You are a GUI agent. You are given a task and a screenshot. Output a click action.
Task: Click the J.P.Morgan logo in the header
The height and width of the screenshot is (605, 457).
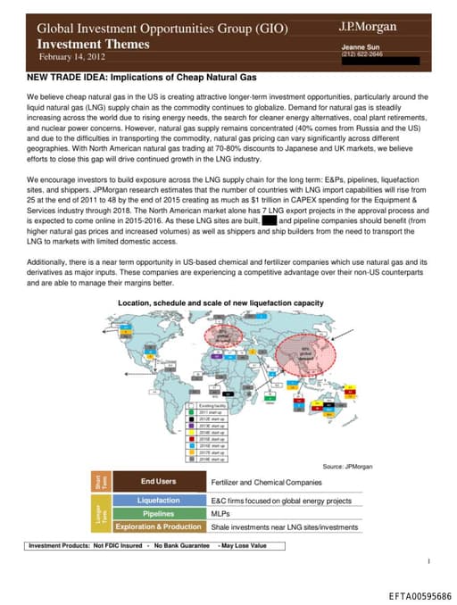(369, 27)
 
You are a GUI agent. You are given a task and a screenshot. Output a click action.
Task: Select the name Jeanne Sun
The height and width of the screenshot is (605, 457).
(362, 46)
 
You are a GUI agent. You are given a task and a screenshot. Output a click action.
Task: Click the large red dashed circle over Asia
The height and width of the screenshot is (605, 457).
(308, 352)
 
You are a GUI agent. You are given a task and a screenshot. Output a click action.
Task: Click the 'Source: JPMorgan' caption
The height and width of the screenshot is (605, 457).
(346, 467)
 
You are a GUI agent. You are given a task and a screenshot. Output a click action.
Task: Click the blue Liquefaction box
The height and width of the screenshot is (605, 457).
(158, 501)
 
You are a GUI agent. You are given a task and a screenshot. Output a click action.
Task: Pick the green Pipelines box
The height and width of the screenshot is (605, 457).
(158, 514)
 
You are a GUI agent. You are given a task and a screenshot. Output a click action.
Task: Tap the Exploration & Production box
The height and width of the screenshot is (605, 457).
(158, 527)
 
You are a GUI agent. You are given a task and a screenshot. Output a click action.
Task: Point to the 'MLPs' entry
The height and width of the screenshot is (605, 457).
(220, 514)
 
